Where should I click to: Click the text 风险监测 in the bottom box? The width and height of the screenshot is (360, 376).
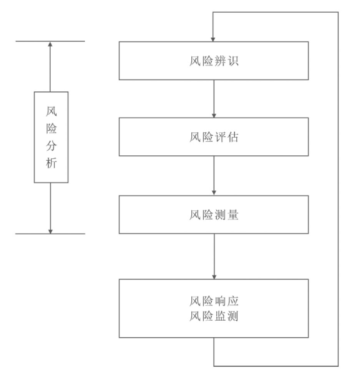(x=214, y=317)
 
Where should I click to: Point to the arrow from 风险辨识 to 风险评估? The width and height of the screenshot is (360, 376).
(x=214, y=98)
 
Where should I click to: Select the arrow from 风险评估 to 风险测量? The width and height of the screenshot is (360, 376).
(x=214, y=175)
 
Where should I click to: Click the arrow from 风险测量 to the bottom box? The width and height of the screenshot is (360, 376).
(x=214, y=256)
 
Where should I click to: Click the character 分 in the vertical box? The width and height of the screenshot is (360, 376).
(x=51, y=146)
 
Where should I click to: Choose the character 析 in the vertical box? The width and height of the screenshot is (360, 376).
(x=51, y=164)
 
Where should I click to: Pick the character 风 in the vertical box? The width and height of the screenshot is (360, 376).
(x=51, y=112)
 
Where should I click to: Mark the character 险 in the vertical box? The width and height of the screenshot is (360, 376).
(x=51, y=129)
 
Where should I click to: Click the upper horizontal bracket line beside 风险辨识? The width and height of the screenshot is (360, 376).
(x=27, y=41)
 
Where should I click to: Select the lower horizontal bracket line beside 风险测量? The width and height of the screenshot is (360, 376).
(x=27, y=233)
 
